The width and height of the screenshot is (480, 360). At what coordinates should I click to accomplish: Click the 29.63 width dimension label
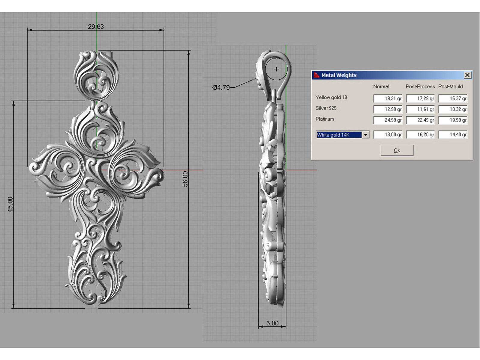point(96,27)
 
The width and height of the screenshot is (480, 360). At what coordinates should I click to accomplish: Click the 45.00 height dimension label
point(10,204)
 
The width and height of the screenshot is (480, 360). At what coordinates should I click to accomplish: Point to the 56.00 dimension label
point(185,179)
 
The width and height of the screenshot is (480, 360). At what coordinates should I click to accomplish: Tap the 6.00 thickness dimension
point(272,323)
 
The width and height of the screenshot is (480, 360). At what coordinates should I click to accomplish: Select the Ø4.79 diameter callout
point(221,88)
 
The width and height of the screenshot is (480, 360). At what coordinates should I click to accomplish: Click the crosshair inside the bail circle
point(276,69)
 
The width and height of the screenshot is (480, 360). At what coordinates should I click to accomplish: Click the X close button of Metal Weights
point(467,75)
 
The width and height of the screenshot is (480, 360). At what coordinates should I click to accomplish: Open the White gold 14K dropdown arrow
point(365,135)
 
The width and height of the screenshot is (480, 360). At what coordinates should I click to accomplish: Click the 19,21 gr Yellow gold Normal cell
point(388,98)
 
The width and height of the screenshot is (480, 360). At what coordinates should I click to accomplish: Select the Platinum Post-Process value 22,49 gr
point(420,120)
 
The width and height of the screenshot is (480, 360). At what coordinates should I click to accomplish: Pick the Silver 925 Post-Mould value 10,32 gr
point(453,109)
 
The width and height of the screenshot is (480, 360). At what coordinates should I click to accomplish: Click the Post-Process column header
point(420,86)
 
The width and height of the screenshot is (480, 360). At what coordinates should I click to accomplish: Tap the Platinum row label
point(325,119)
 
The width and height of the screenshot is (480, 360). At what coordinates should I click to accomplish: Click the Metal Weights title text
point(339,75)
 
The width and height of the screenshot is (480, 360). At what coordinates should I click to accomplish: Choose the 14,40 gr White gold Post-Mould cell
point(453,135)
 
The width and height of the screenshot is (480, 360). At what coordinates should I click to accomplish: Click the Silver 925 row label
point(326,108)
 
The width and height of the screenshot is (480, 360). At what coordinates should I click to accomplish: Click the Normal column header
point(381,86)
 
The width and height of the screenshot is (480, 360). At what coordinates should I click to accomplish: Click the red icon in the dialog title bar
point(316,75)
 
